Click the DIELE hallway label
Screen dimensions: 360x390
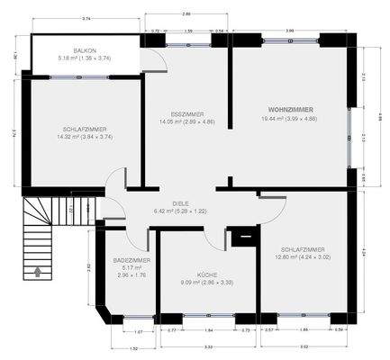[168, 203]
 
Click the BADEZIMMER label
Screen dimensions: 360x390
[132, 260]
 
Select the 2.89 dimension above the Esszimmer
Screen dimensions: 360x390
[186, 13]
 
